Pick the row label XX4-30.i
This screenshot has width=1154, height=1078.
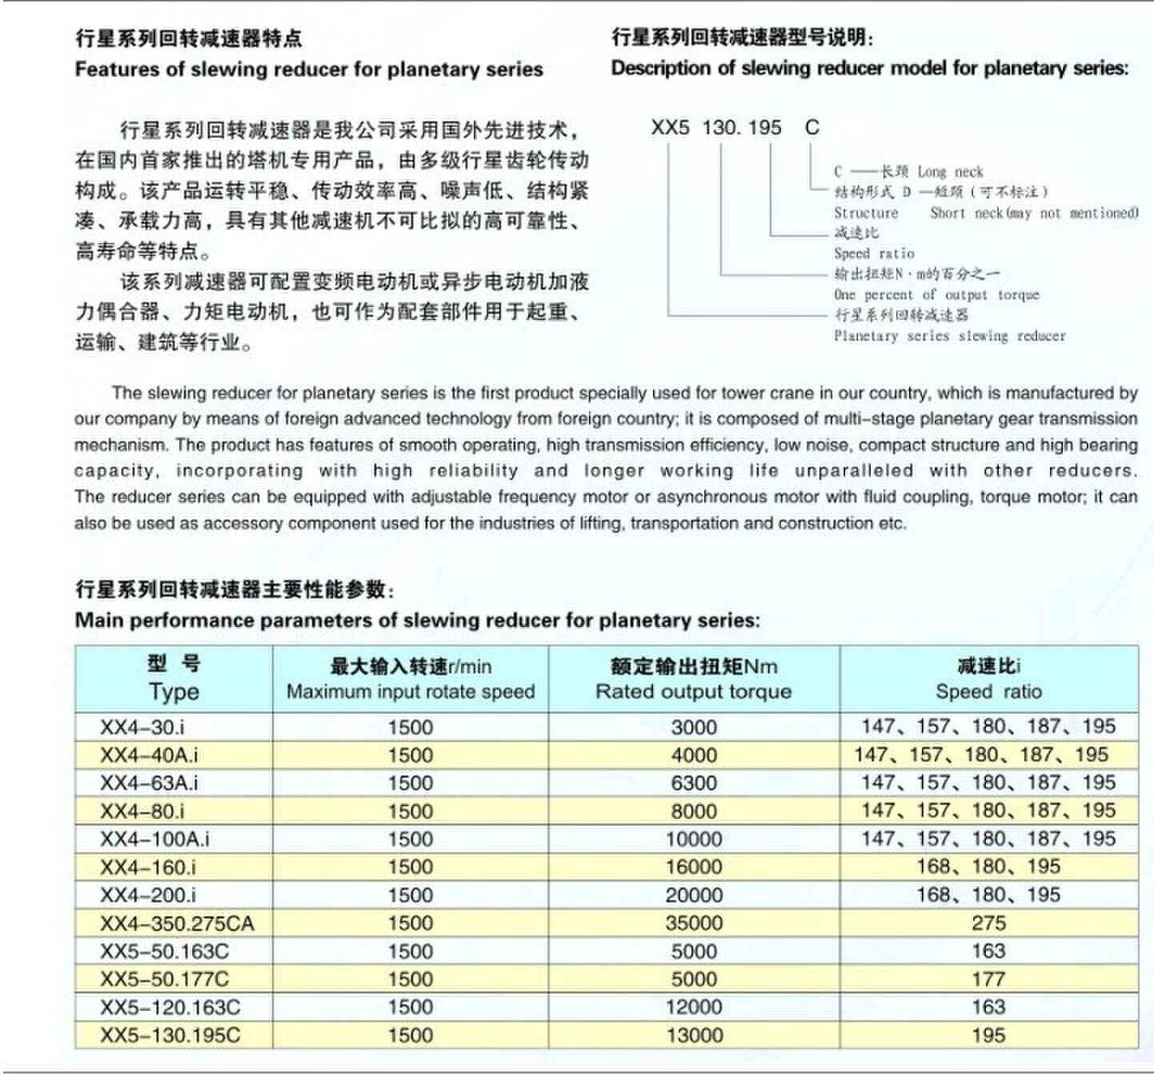(x=142, y=727)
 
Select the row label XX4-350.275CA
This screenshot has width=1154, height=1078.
(x=177, y=924)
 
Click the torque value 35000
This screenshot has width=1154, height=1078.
(x=694, y=924)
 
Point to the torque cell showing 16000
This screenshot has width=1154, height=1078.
(x=694, y=867)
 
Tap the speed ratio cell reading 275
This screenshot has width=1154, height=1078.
(x=988, y=924)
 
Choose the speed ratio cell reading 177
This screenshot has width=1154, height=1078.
(x=988, y=979)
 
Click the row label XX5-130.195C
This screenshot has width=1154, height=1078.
(x=170, y=1036)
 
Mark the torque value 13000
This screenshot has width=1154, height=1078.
(x=694, y=1036)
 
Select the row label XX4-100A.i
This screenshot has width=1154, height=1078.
(x=154, y=839)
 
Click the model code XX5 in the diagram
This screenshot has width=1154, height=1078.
(x=670, y=127)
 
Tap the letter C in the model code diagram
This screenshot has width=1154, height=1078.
(x=812, y=127)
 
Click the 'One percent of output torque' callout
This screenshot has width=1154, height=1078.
(x=936, y=294)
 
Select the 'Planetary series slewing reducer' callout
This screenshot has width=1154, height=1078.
(x=950, y=336)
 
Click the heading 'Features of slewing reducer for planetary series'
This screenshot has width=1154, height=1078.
(x=309, y=70)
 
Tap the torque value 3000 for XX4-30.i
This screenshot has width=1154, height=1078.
(x=694, y=727)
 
